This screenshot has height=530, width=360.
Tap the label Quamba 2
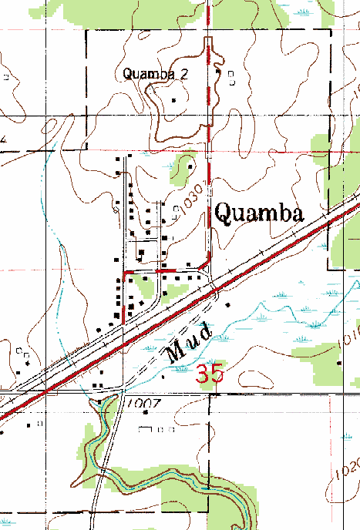(x=156, y=73)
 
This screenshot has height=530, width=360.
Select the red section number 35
(x=210, y=374)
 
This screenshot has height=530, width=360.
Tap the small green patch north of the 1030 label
(x=185, y=165)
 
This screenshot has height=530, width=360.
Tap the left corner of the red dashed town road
(x=125, y=273)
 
